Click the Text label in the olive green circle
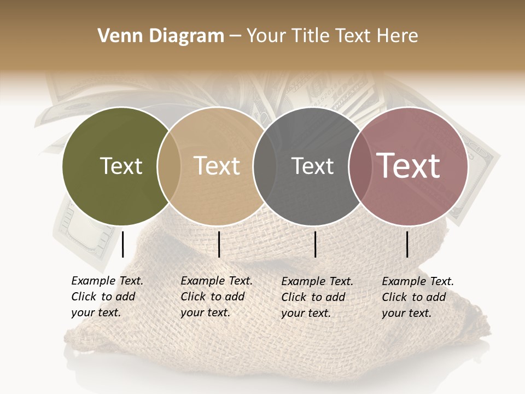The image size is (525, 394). (121, 166)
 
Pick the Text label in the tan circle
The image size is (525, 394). (217, 166)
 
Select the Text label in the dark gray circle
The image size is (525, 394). (313, 166)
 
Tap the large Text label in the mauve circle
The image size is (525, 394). (409, 166)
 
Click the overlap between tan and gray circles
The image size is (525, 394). (265, 166)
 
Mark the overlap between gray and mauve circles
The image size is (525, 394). (360, 166)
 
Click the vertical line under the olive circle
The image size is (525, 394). (123, 244)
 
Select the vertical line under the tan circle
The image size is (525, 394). (219, 244)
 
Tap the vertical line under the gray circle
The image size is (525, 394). (315, 244)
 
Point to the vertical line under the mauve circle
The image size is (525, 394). (407, 244)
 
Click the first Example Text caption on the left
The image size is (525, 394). (107, 297)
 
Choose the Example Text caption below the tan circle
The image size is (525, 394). (216, 297)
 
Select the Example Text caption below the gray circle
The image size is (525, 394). (317, 297)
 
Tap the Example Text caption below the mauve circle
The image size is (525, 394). (417, 297)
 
